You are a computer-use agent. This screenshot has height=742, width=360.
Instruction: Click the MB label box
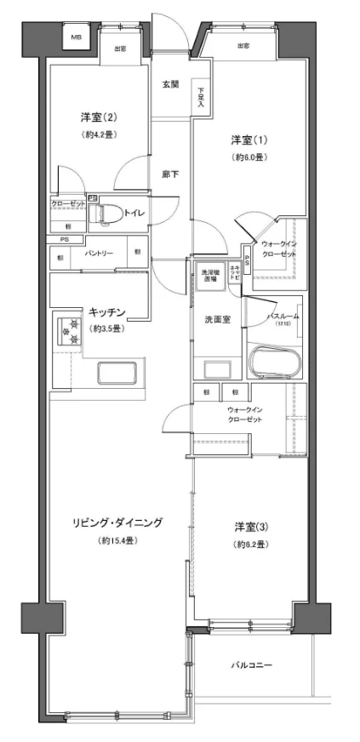[76, 38]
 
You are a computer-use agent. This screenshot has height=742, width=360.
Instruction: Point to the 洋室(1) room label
[243, 139]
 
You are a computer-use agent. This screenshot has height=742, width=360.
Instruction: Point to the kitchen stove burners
[70, 332]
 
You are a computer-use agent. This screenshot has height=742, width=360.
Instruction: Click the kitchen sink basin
[118, 373]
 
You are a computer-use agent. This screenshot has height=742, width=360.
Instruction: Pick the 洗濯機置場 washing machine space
[209, 276]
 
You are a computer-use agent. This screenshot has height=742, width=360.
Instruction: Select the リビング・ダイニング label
[117, 522]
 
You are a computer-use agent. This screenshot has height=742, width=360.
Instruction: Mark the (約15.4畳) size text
[117, 540]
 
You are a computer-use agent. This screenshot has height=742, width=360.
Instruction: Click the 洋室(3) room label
[250, 526]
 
